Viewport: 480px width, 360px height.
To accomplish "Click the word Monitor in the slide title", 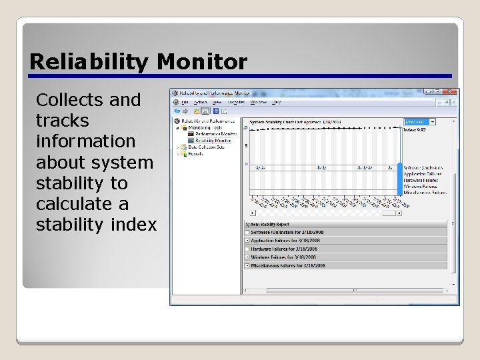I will (x=202, y=62).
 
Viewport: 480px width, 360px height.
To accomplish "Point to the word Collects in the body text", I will (x=69, y=100).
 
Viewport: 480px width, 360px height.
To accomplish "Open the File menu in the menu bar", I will (x=185, y=102).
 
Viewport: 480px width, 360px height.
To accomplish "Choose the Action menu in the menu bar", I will (x=201, y=102).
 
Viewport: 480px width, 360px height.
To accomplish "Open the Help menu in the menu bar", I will (x=277, y=102).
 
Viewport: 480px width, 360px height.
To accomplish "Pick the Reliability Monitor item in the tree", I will (x=213, y=141).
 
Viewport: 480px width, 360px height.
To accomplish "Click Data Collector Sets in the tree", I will (x=206, y=147).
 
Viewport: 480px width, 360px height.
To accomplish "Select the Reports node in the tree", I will (x=196, y=153).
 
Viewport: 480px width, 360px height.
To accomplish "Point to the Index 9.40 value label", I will (x=415, y=129).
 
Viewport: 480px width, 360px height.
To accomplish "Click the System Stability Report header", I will (x=270, y=225).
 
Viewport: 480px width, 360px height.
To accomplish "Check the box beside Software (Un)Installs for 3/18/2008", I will (x=247, y=232).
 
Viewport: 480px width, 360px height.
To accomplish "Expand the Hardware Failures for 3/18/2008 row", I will (x=247, y=249).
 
